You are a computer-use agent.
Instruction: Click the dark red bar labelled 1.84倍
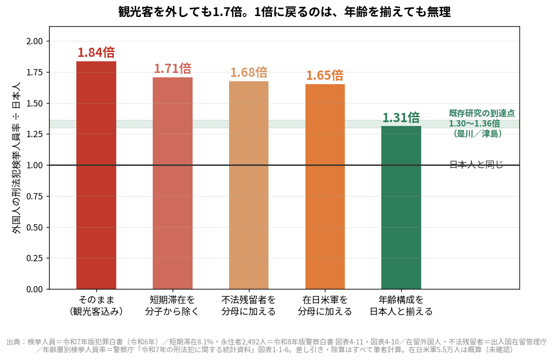click(x=96, y=175)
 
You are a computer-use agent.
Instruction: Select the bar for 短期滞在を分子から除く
click(x=173, y=183)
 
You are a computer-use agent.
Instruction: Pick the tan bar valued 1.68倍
click(x=249, y=185)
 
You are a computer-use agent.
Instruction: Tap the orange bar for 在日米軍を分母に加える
click(x=325, y=187)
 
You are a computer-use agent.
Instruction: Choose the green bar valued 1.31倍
click(x=401, y=208)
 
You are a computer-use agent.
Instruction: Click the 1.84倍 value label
click(x=96, y=53)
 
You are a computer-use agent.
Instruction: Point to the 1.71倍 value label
click(x=173, y=69)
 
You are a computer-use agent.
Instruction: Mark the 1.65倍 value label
click(x=325, y=75)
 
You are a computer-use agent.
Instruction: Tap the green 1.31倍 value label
click(x=401, y=117)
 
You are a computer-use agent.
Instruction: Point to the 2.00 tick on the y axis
click(x=34, y=41)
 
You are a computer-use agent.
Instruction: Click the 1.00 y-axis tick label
click(x=34, y=165)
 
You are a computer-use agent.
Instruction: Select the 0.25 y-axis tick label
click(x=34, y=258)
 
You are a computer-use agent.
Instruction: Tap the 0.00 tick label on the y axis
click(x=34, y=289)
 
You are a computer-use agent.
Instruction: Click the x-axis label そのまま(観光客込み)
click(x=96, y=306)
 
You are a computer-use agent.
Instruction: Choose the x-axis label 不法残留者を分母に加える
click(x=249, y=306)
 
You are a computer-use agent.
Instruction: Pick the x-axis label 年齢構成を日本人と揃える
click(x=401, y=306)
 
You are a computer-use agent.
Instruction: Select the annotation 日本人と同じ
click(x=477, y=164)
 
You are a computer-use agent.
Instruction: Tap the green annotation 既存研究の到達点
click(x=482, y=113)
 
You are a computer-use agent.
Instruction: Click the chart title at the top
click(x=284, y=12)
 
